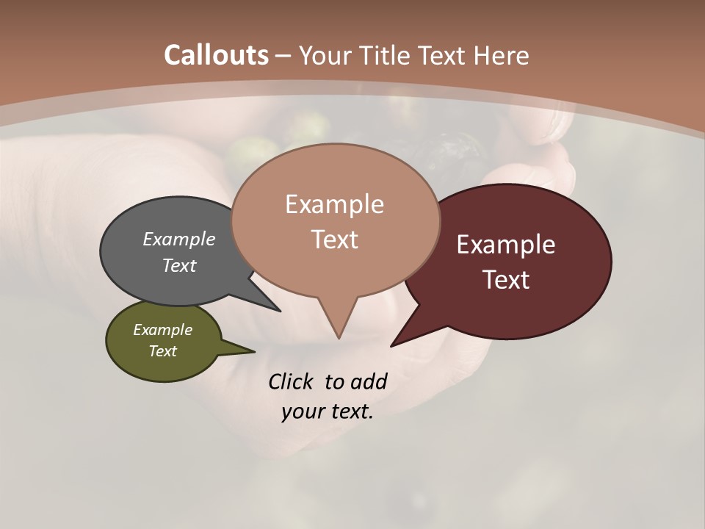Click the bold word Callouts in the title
tap(216, 55)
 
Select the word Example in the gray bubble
tap(179, 240)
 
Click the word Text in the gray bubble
tap(179, 265)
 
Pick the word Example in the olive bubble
tap(162, 330)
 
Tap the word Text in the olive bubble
tap(162, 351)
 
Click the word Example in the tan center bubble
tap(334, 204)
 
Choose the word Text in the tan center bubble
tap(334, 240)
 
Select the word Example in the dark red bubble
tap(506, 245)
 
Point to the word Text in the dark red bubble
tap(506, 280)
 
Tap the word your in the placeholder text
tap(301, 411)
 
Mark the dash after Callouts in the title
tap(284, 56)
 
